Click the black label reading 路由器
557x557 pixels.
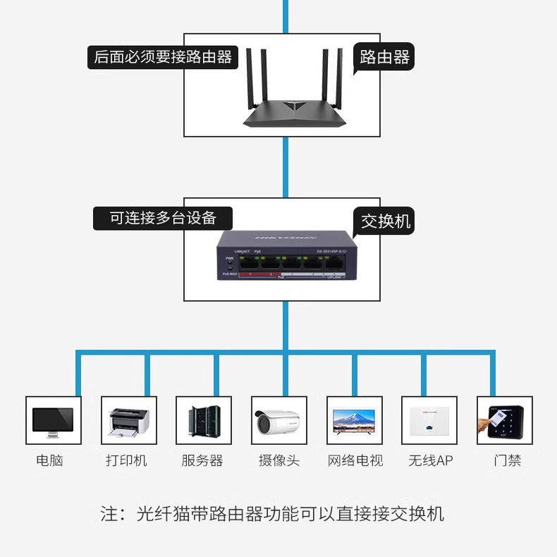point(384,57)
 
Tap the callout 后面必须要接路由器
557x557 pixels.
point(163,57)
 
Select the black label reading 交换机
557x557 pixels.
point(385,221)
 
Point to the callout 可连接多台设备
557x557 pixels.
point(163,218)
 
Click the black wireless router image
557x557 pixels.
point(297,92)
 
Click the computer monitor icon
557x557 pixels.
point(53,420)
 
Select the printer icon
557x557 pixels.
point(128,420)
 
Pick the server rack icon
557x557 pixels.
point(204,420)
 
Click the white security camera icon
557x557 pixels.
point(279,420)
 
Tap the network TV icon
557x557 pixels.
point(355,420)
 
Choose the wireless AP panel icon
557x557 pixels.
point(429,420)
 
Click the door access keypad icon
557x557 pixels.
point(505,420)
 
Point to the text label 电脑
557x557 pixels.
point(49,460)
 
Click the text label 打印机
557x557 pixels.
point(127,460)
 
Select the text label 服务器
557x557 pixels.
point(202,460)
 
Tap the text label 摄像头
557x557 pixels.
point(279,460)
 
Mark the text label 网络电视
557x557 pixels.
point(355,460)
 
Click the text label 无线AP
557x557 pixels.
point(430,460)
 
